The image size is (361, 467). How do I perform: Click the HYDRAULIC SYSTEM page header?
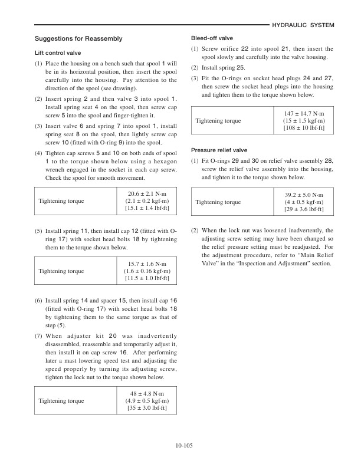click(x=304, y=25)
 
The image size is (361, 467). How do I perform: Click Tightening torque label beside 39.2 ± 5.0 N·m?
click(x=219, y=202)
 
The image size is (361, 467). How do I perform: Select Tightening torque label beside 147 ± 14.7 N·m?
click(x=219, y=120)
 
